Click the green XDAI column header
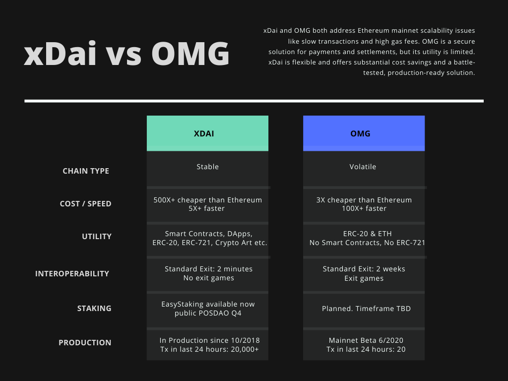tap(207, 133)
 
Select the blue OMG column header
tap(364, 133)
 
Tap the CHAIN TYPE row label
tap(86, 171)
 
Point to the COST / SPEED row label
tap(85, 204)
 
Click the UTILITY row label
tap(97, 237)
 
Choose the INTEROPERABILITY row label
tap(72, 274)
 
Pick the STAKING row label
tap(94, 309)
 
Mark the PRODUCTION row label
tap(85, 342)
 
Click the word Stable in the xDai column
tap(208, 167)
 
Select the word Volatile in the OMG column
tap(363, 167)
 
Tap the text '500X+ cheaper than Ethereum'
tap(208, 200)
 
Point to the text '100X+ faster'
tap(364, 208)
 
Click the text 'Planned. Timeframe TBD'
tap(367, 309)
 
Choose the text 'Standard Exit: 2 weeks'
tap(364, 269)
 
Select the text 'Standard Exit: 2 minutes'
tap(209, 269)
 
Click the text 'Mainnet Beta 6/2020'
tap(366, 340)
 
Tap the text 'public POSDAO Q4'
tap(208, 313)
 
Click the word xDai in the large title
tap(60, 53)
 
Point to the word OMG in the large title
tap(190, 53)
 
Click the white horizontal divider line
tap(254, 101)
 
